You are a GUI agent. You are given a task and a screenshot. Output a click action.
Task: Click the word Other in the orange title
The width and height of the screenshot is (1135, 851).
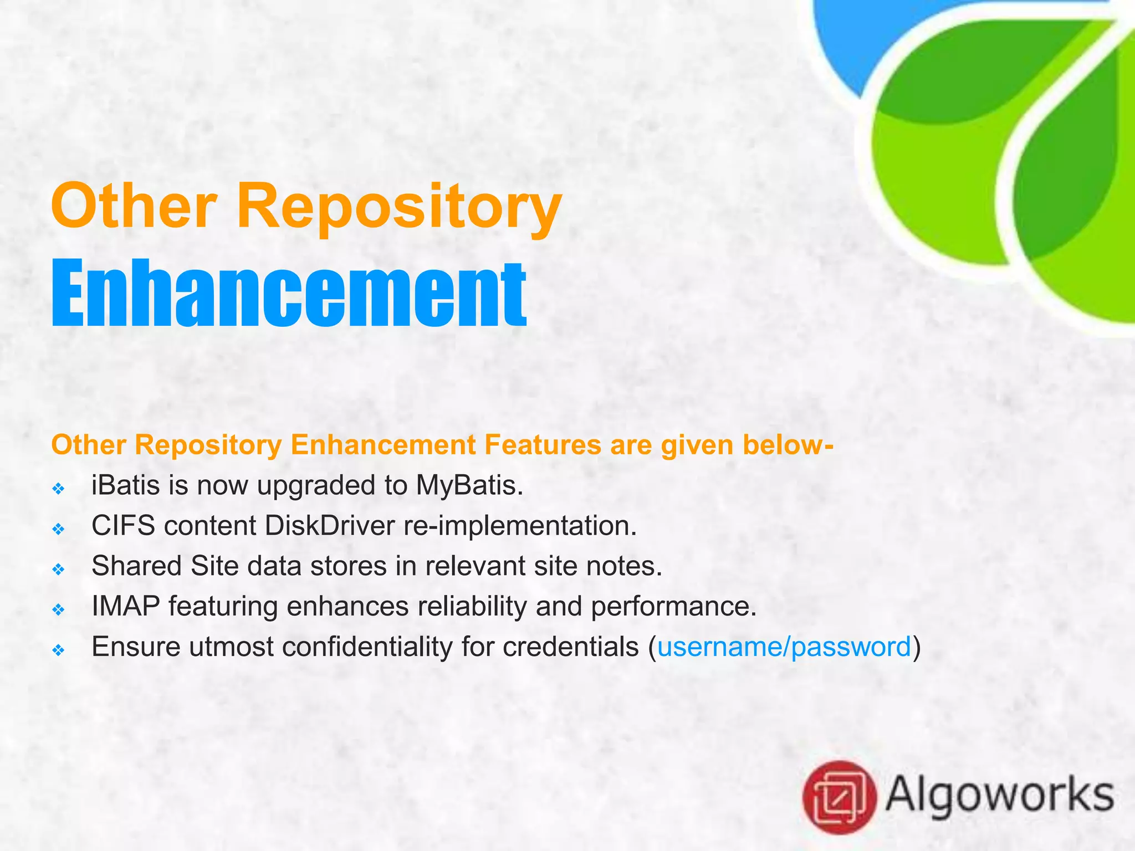tap(133, 206)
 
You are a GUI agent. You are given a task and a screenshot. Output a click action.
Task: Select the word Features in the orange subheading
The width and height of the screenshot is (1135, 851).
tap(542, 445)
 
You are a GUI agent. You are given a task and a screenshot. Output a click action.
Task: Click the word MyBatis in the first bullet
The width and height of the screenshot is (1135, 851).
tap(469, 486)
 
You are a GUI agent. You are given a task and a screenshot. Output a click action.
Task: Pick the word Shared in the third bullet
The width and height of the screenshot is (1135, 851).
tap(136, 566)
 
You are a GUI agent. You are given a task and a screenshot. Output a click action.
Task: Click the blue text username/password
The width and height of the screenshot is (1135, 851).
tap(784, 647)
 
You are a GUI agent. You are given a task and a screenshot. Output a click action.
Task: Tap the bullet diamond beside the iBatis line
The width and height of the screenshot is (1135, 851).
tap(58, 489)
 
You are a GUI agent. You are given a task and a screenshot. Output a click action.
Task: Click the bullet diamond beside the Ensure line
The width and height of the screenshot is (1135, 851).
tap(58, 650)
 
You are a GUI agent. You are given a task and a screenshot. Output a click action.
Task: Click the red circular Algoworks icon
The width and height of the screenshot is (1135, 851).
tap(839, 797)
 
